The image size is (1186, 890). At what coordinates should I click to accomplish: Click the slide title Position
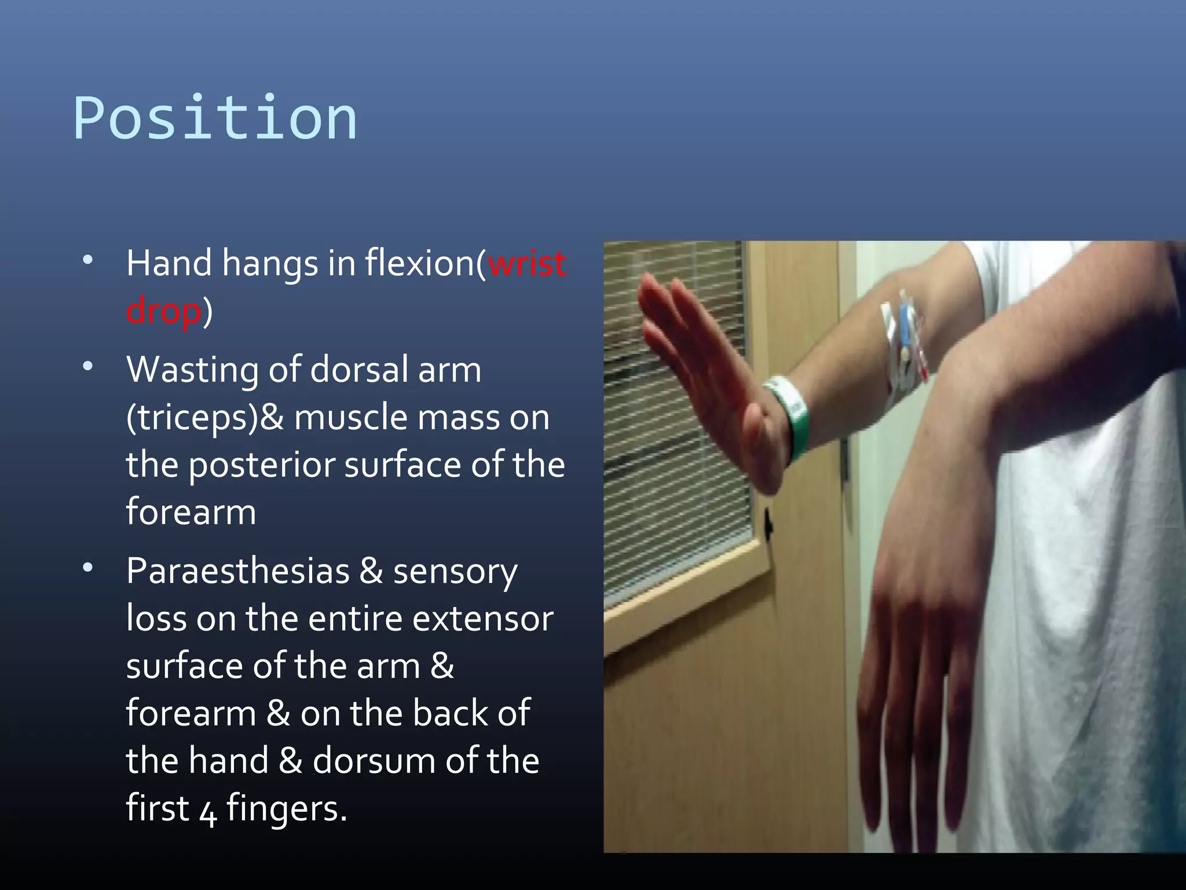pyautogui.click(x=215, y=119)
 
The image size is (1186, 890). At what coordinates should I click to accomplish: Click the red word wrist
pyautogui.click(x=527, y=264)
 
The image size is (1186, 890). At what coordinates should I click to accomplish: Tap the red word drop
pyautogui.click(x=164, y=311)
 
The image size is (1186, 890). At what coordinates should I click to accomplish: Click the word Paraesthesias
pyautogui.click(x=237, y=571)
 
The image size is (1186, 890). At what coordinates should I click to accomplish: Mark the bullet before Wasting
pyautogui.click(x=87, y=366)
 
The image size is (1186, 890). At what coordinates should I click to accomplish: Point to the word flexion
pyautogui.click(x=420, y=264)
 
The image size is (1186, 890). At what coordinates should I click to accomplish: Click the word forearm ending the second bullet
pyautogui.click(x=191, y=513)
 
